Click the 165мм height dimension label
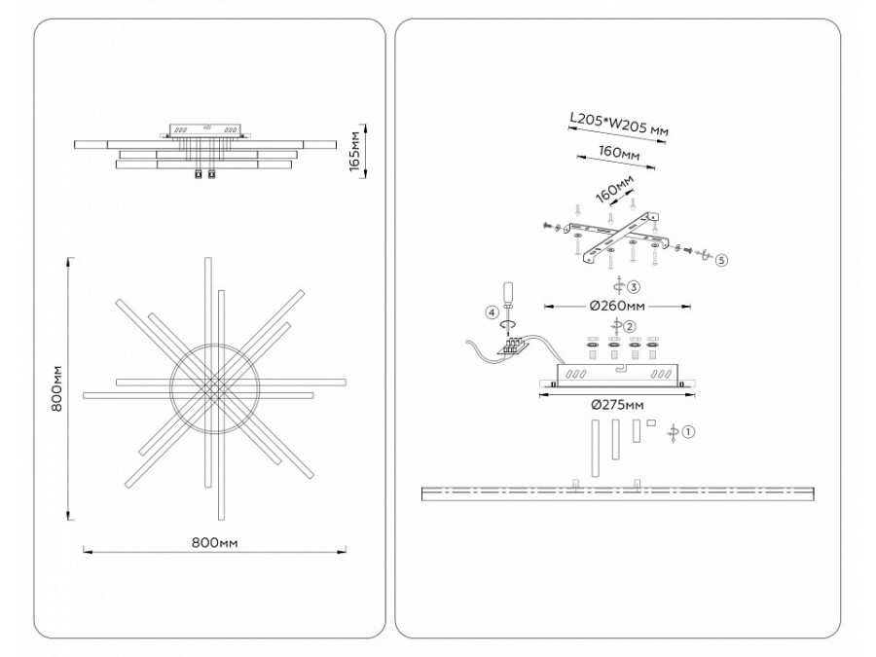tap(357, 151)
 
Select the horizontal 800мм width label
tap(215, 541)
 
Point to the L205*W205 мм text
tap(618, 127)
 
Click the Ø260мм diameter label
tap(616, 306)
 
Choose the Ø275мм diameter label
tap(615, 405)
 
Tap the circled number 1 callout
tap(688, 431)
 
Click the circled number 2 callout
tap(630, 326)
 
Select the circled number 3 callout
tap(634, 287)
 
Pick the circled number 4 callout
tap(493, 312)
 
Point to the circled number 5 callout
tap(720, 261)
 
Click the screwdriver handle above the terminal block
tap(506, 293)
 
